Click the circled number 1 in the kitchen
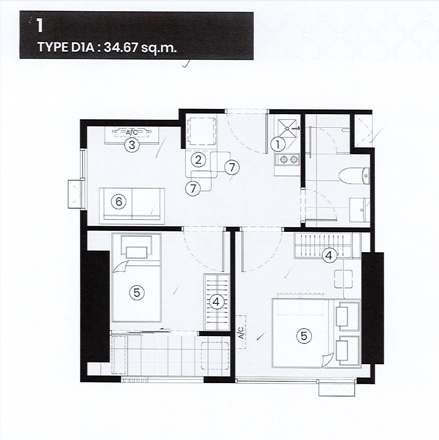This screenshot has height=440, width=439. point(278,145)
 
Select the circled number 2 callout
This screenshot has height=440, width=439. point(198,160)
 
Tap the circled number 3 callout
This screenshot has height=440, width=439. point(132,145)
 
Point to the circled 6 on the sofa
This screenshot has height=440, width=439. point(118,201)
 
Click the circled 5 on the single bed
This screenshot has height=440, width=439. point(137,293)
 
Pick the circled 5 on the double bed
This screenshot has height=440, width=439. point(304,336)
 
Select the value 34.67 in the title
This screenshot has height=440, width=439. point(121,47)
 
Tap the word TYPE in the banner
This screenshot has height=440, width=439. point(53,47)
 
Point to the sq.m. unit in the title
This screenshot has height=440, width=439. point(159,48)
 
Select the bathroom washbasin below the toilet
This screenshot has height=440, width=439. point(360,209)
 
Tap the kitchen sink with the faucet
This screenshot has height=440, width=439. point(287,128)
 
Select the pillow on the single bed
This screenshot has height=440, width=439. point(137,252)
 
